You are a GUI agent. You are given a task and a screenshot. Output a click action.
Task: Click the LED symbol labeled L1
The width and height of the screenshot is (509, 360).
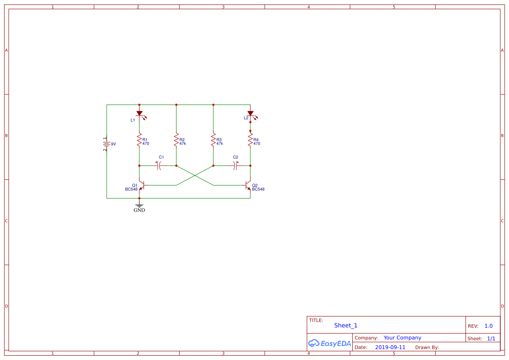point(139,114)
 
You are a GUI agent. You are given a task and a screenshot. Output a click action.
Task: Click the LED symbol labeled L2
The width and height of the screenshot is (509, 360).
point(250,114)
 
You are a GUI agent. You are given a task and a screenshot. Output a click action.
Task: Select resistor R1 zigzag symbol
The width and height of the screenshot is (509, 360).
point(139,141)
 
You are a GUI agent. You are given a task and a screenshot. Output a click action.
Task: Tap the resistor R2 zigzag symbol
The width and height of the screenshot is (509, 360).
point(176,141)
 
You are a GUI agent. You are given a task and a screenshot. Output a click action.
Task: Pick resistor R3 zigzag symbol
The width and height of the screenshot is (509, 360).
point(213,141)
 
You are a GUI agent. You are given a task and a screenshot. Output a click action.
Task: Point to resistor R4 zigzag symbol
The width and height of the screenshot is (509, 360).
point(250,141)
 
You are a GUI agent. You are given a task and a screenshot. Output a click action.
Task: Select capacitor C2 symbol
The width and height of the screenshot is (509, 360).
point(235,165)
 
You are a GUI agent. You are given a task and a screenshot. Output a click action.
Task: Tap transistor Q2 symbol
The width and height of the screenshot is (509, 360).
point(248,185)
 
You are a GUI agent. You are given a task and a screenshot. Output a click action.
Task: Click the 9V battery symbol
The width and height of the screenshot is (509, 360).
point(106,144)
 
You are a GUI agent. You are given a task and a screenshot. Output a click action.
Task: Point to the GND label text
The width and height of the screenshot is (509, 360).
point(139,210)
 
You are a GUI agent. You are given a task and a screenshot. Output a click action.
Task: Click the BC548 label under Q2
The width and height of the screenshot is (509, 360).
point(258,189)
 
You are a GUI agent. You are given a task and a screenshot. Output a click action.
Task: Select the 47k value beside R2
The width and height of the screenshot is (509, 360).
point(183,144)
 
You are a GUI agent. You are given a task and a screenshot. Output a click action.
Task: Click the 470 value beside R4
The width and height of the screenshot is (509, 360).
point(257,144)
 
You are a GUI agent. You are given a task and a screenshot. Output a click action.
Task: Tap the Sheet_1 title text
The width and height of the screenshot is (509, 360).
point(346,326)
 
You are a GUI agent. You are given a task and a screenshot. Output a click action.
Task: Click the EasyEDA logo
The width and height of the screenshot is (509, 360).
point(330,343)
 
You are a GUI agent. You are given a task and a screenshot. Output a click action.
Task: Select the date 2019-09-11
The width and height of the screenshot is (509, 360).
point(390,347)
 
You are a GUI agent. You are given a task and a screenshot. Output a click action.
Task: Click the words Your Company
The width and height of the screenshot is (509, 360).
point(402,338)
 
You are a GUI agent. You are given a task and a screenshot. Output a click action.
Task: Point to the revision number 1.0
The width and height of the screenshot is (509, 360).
point(489,326)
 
